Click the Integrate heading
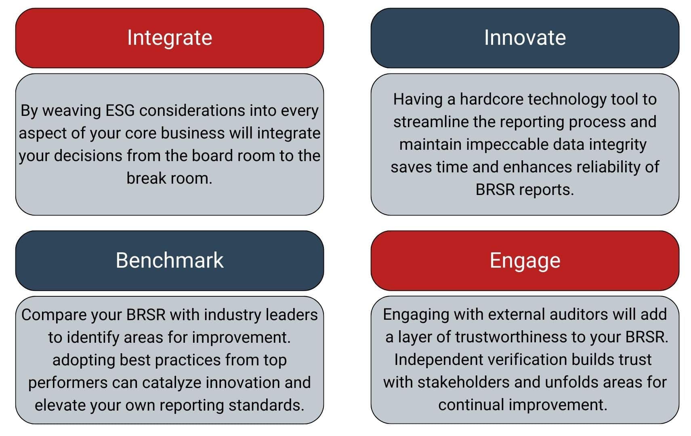tap(170, 38)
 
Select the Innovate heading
tap(525, 38)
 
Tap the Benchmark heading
tap(169, 260)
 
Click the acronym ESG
tap(120, 110)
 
